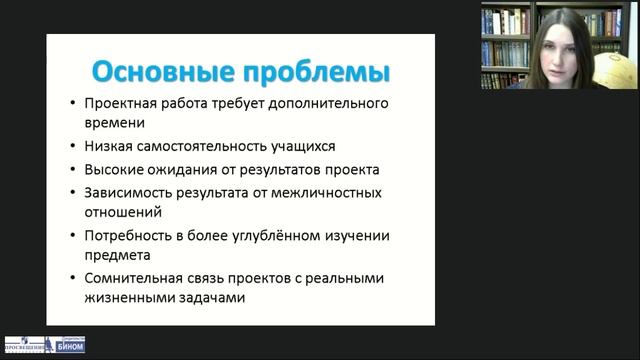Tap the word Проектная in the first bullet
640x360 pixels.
[120, 103]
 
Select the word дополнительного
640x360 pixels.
[329, 103]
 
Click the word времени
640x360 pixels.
[117, 124]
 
